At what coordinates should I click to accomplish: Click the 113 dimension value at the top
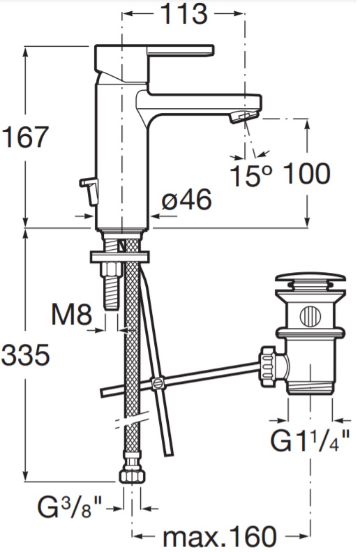[183, 14]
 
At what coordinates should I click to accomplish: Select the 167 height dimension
[24, 137]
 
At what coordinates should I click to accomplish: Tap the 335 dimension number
[25, 355]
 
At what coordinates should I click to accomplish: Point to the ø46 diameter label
[187, 200]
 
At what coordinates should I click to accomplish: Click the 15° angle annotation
[251, 174]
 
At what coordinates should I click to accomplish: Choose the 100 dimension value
[306, 174]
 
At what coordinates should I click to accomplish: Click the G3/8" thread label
[69, 507]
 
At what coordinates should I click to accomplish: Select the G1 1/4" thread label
[310, 440]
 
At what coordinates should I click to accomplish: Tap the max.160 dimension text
[220, 537]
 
